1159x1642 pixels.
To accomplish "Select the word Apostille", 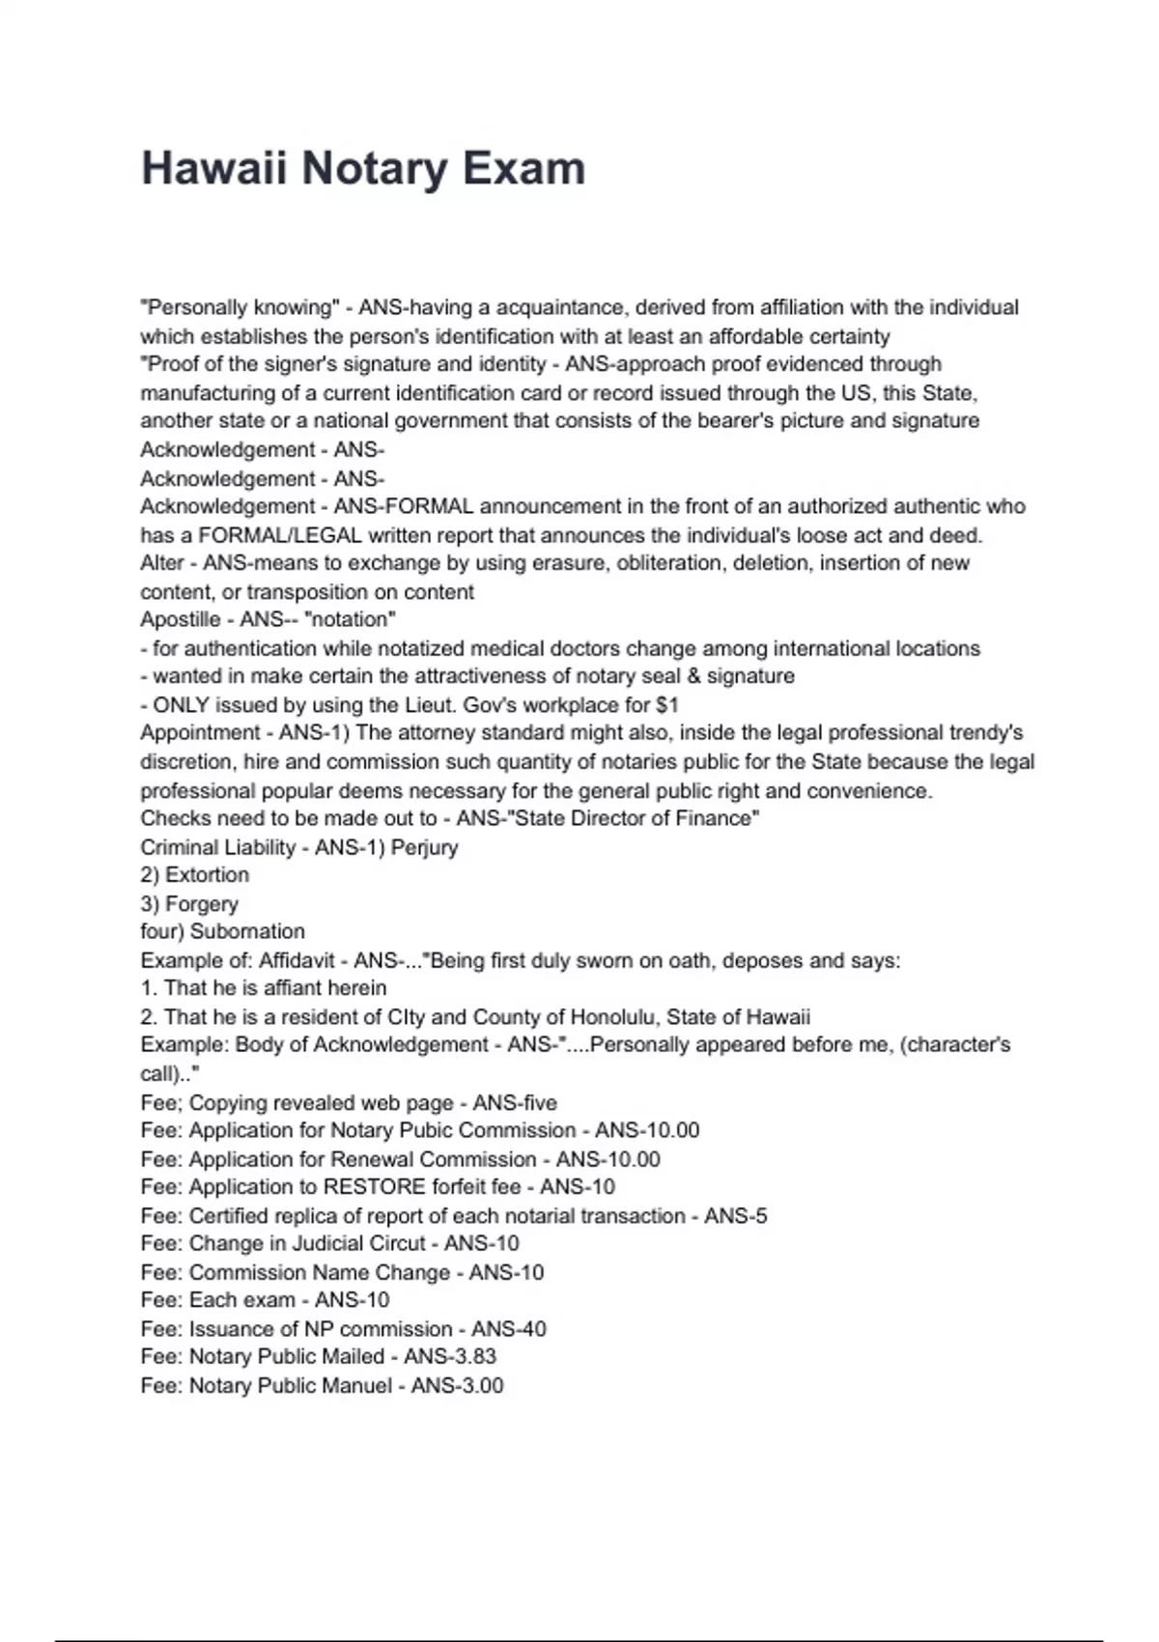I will click(x=180, y=619).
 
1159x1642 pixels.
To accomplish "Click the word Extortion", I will click(x=207, y=875).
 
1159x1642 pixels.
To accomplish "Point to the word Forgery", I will click(x=201, y=904).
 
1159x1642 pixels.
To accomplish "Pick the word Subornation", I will click(x=247, y=932).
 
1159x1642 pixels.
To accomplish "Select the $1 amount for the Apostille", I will click(x=666, y=705).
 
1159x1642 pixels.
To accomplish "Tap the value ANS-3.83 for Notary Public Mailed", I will click(x=450, y=1357).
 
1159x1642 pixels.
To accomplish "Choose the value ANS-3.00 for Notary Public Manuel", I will click(x=457, y=1386).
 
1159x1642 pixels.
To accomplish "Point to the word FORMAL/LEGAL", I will click(x=280, y=535).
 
